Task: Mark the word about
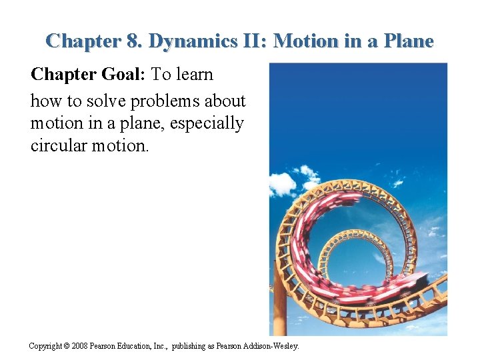[x=227, y=102]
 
